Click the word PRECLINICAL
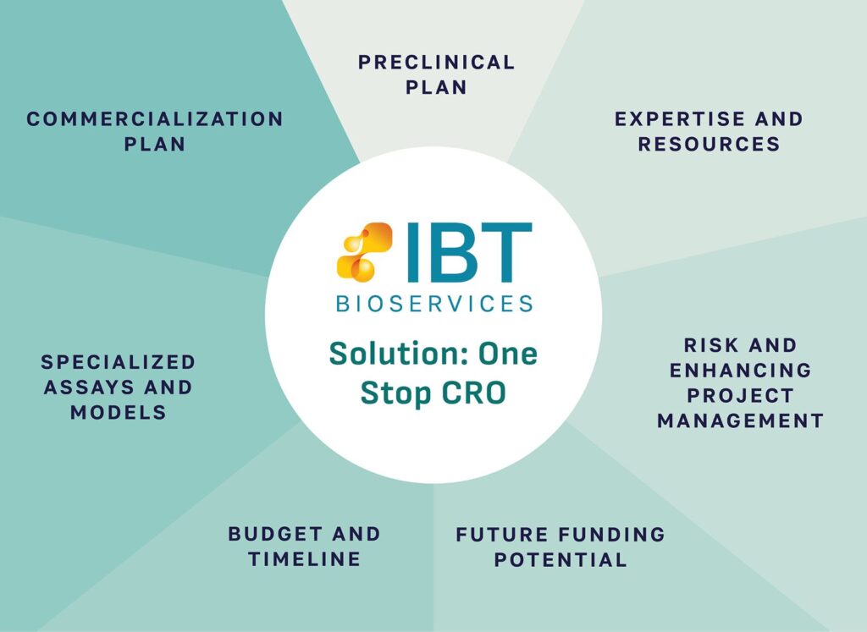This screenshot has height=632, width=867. (x=436, y=62)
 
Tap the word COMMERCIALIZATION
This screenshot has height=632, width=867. (x=155, y=118)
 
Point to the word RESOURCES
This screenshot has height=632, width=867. (x=709, y=144)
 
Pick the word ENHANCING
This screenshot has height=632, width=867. (x=740, y=370)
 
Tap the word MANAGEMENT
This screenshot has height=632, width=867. (x=740, y=421)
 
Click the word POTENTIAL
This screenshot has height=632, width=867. (x=561, y=559)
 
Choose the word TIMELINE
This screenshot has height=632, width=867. (x=305, y=559)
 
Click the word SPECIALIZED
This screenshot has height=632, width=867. (x=119, y=362)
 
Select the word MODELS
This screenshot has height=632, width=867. (x=119, y=412)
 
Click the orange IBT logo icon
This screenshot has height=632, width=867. (x=364, y=251)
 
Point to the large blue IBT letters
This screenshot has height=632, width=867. (x=469, y=251)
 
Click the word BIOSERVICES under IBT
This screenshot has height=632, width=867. (x=434, y=303)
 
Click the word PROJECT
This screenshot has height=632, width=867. (x=740, y=396)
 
